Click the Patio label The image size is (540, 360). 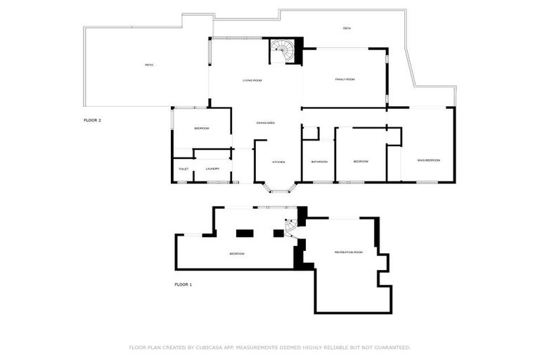(149, 65)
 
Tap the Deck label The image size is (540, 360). (347, 28)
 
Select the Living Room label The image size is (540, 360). (252, 81)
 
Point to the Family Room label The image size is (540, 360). (345, 79)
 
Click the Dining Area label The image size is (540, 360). (265, 123)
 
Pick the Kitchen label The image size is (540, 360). (278, 162)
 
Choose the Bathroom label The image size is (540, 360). (319, 162)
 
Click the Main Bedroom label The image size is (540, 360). (428, 160)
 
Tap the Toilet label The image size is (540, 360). (183, 169)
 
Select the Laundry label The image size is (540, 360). (212, 169)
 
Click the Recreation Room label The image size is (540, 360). (348, 252)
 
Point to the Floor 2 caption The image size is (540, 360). (92, 121)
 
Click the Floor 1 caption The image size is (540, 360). (183, 285)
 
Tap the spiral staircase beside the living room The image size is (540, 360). (283, 50)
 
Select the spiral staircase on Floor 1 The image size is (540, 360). (291, 228)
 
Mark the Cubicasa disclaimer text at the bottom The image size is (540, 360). (269, 347)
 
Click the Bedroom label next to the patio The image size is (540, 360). (202, 129)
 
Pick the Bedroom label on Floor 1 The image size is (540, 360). (237, 253)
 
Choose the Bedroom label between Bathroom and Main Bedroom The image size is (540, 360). (361, 162)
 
